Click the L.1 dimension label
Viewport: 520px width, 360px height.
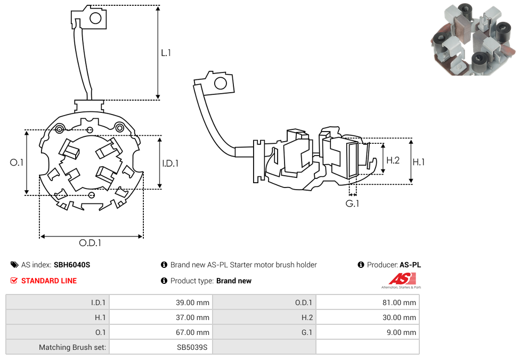[x=166, y=53]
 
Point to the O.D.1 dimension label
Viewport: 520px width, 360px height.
[x=90, y=243]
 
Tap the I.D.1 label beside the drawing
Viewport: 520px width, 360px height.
[x=170, y=163]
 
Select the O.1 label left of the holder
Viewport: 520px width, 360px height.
[x=17, y=162]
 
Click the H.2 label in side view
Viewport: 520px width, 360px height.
[x=393, y=160]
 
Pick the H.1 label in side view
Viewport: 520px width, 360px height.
[x=419, y=162]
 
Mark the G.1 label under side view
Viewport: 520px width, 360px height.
[x=352, y=203]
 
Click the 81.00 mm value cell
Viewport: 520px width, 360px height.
[x=368, y=302]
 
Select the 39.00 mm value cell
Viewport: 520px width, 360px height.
[x=160, y=302]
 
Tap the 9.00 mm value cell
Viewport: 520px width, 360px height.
[x=368, y=332]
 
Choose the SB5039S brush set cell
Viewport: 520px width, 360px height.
[x=160, y=347]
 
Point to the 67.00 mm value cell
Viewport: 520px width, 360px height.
[x=160, y=332]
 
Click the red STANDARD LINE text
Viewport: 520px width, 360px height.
[x=48, y=281]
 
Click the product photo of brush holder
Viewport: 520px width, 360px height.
[x=473, y=39]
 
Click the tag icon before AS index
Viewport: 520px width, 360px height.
[x=14, y=265]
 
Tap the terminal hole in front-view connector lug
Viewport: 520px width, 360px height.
[x=95, y=19]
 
